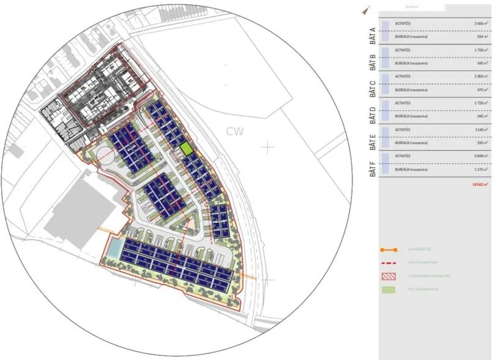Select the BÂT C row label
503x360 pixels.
[372, 87]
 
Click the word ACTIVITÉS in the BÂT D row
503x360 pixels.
[403, 103]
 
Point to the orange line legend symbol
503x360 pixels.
[388, 250]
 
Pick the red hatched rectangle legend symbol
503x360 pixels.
[388, 276]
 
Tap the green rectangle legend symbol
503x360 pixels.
[388, 289]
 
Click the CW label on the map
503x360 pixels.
[234, 132]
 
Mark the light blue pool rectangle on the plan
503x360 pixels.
[114, 247]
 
